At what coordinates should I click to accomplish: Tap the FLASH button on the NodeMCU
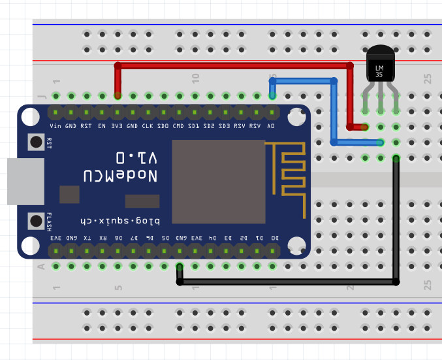tap(36, 221)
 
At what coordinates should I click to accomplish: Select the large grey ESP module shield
tap(218, 182)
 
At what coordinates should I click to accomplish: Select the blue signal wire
tap(334, 111)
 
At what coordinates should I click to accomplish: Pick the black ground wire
tap(287, 282)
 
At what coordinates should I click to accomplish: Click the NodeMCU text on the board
tap(120, 175)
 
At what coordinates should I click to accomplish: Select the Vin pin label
tap(56, 125)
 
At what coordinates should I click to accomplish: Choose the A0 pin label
tap(271, 125)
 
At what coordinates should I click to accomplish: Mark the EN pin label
tap(102, 125)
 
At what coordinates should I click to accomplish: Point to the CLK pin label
tap(148, 125)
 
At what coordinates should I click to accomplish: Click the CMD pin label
tap(178, 125)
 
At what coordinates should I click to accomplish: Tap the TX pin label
tap(87, 238)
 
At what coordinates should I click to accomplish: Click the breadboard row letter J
tap(42, 96)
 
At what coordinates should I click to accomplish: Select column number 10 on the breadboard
tap(195, 78)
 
